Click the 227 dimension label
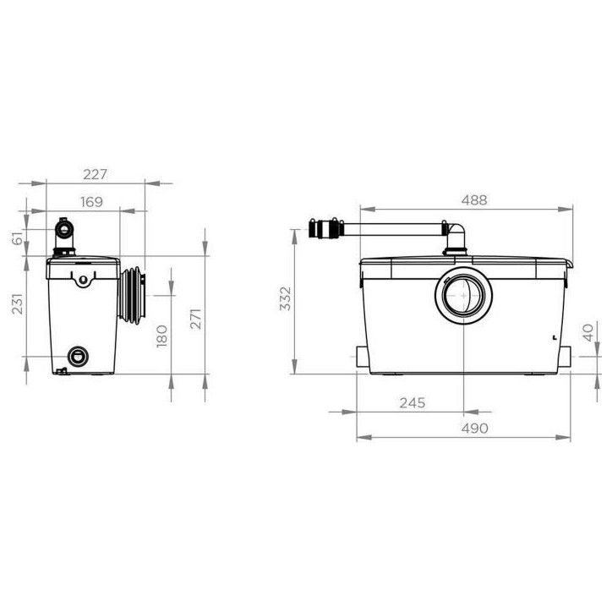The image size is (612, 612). pyautogui.click(x=95, y=174)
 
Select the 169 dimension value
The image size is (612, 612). pyautogui.click(x=92, y=202)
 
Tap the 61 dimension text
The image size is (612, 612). pyautogui.click(x=18, y=238)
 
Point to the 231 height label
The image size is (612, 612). pyautogui.click(x=18, y=303)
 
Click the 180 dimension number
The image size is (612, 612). pyautogui.click(x=161, y=336)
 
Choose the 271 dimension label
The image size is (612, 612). pyautogui.click(x=195, y=319)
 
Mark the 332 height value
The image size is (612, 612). pyautogui.click(x=286, y=299)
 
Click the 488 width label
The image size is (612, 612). pyautogui.click(x=474, y=200)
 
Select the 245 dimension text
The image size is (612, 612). pyautogui.click(x=413, y=403)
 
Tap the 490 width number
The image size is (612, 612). pyautogui.click(x=474, y=429)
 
